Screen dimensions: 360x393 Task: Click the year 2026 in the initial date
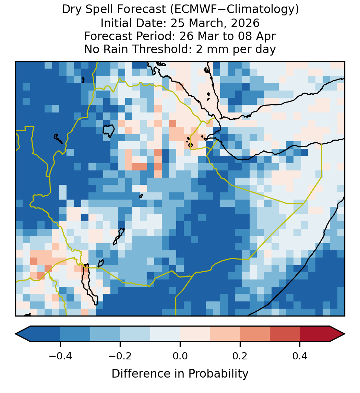(x=245, y=23)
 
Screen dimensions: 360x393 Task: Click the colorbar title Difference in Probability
(x=180, y=374)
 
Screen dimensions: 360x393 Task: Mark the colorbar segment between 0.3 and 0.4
(x=285, y=334)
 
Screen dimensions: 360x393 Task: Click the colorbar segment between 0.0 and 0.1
(x=195, y=334)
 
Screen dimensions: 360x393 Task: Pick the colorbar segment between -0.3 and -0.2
(x=105, y=334)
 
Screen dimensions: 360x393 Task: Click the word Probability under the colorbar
(x=218, y=374)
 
